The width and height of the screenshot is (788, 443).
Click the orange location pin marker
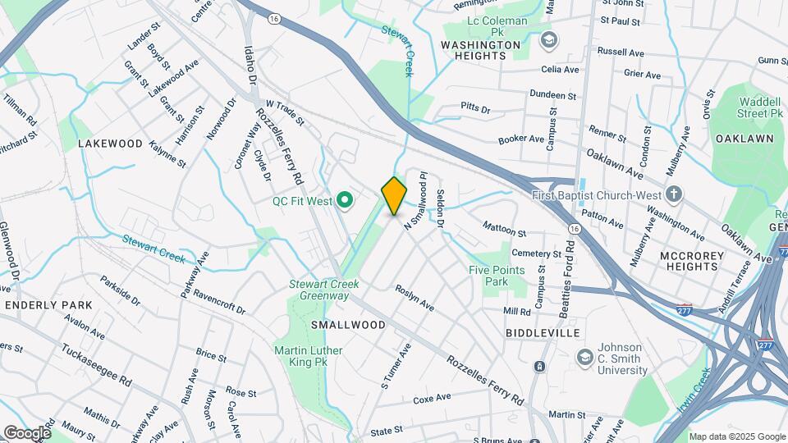coord(394,196)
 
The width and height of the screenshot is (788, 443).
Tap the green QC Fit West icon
coord(346,199)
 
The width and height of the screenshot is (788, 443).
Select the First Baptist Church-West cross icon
coord(674,194)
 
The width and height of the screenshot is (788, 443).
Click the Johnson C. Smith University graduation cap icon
coord(584,357)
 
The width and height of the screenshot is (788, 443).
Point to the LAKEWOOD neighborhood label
coord(111,144)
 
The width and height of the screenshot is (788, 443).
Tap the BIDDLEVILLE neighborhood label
coord(543,333)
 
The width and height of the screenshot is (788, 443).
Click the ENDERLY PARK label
coord(48,305)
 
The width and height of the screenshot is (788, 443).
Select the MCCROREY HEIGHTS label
coord(692,261)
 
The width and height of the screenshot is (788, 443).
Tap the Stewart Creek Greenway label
coord(323,290)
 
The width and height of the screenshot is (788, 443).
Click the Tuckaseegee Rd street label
coord(96,365)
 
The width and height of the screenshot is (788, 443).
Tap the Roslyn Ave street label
coord(415,297)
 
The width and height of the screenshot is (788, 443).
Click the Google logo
coord(26,433)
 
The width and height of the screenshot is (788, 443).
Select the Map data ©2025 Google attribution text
coord(737,436)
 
